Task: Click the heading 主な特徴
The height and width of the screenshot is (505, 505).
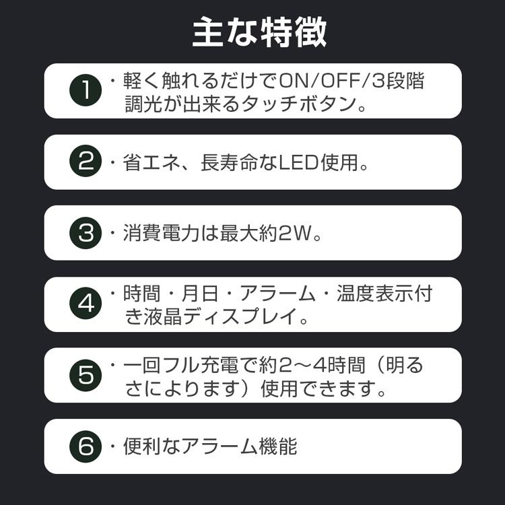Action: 260,32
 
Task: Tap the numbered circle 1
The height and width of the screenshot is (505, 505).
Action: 86,90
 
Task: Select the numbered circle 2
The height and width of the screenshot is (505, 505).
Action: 86,161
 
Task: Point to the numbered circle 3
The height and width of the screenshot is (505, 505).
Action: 86,233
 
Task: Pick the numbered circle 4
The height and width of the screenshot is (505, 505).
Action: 86,304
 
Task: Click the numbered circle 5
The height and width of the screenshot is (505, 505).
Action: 86,375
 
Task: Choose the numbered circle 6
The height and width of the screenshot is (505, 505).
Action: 86,446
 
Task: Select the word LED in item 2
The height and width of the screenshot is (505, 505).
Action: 298,163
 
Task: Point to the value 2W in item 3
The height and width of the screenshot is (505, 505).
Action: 295,234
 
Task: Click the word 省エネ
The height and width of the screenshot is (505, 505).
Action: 151,163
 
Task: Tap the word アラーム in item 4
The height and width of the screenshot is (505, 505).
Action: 277,294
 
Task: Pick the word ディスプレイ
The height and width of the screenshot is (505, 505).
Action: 240,316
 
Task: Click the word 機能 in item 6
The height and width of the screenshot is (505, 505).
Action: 278,446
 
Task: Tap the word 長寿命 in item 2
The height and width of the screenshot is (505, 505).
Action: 230,163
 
